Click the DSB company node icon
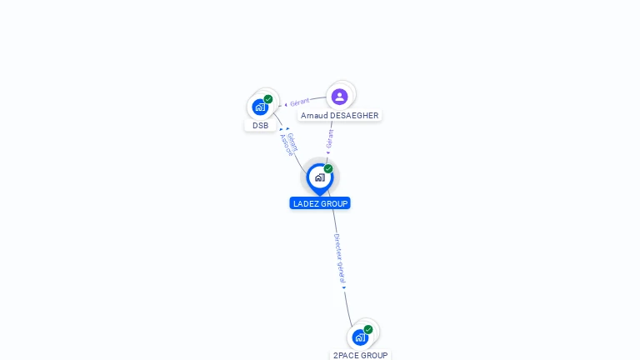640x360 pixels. [x=261, y=107]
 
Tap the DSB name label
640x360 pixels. [x=261, y=126]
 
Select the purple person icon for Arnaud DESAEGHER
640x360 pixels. [x=339, y=97]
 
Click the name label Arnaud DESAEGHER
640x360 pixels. [x=339, y=116]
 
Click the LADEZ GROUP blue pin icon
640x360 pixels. [x=319, y=177]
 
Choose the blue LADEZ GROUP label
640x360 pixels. [x=320, y=203]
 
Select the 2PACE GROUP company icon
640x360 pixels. [x=360, y=337]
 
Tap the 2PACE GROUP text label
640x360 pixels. [x=360, y=355]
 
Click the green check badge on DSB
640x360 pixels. [x=268, y=99]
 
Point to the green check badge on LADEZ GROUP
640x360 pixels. [x=328, y=169]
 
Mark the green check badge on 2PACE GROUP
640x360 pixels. [x=368, y=330]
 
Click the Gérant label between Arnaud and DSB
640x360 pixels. [x=300, y=102]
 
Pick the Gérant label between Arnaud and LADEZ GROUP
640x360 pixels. [x=330, y=137]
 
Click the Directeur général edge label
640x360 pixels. [x=338, y=258]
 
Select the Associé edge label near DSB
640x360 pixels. [x=286, y=147]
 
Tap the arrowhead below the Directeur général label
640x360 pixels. [x=343, y=288]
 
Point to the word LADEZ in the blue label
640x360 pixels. [x=307, y=203]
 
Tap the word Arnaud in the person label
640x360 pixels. [x=314, y=116]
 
